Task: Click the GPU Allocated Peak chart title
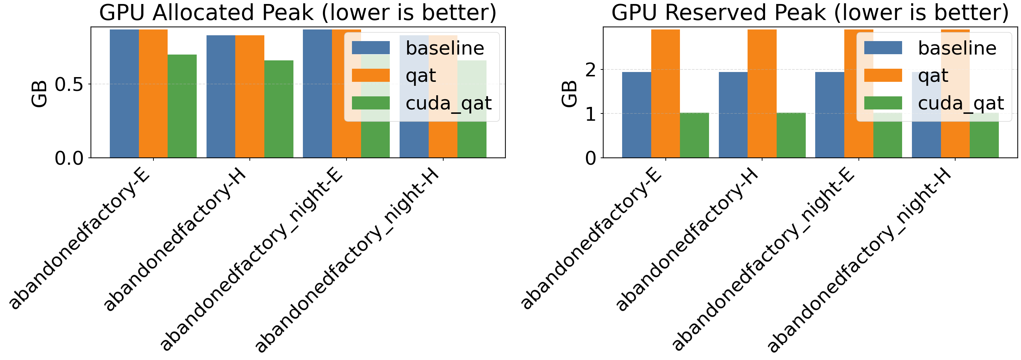pyautogui.click(x=298, y=13)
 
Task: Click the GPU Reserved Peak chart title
pyautogui.click(x=810, y=13)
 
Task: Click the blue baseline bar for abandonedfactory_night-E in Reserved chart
pyautogui.click(x=830, y=115)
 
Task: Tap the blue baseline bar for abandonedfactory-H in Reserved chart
pyautogui.click(x=733, y=115)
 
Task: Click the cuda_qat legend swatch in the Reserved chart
pyautogui.click(x=883, y=103)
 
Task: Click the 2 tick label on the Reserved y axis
pyautogui.click(x=590, y=70)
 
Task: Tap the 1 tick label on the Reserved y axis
pyautogui.click(x=590, y=114)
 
